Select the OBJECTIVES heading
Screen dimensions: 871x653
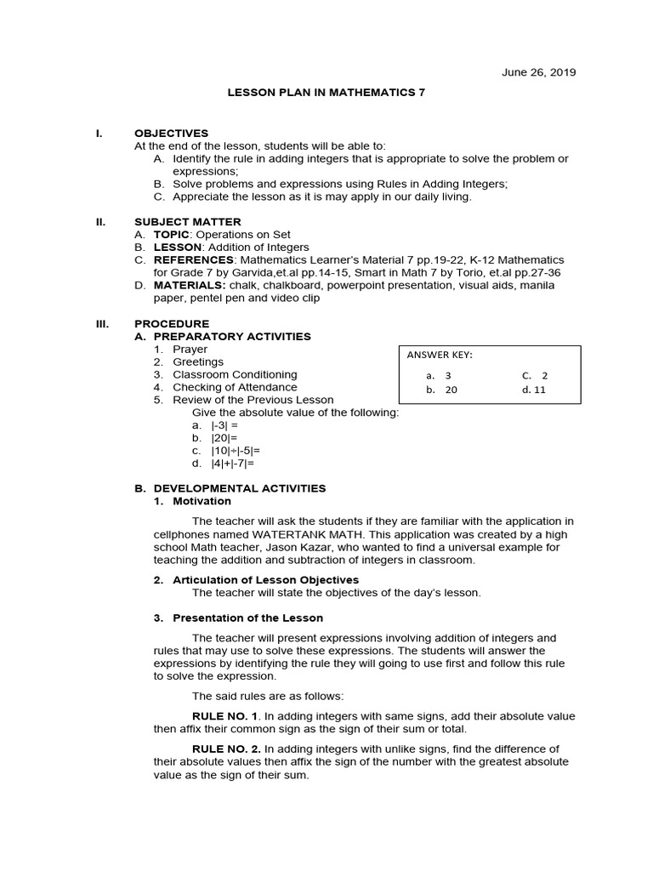(171, 134)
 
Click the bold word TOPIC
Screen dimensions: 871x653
(173, 234)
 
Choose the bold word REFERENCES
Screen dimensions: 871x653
(193, 259)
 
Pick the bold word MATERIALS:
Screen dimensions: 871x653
(188, 285)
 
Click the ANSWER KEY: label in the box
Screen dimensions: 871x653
(440, 355)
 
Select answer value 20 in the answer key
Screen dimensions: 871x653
(451, 390)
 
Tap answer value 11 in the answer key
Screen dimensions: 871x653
(540, 390)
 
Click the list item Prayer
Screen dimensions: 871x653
(190, 350)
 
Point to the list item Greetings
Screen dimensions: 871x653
(198, 362)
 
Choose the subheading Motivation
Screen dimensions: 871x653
(202, 501)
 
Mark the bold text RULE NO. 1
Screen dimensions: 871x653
(225, 716)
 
